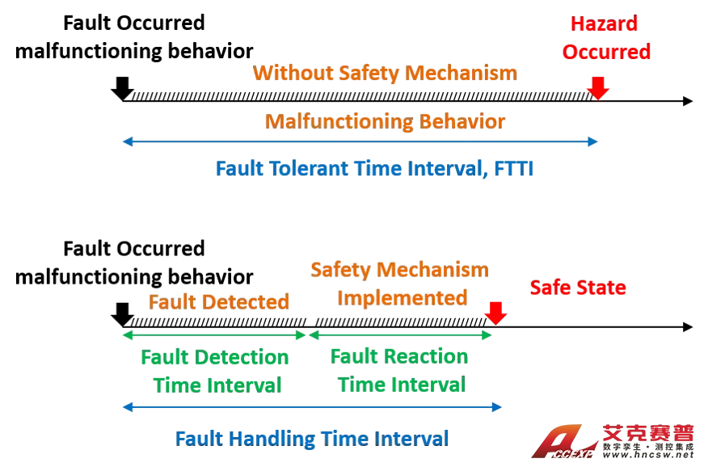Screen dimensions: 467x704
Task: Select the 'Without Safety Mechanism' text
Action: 385,74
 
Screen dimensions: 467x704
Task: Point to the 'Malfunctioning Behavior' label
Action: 385,123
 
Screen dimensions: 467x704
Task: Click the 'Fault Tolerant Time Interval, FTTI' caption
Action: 374,170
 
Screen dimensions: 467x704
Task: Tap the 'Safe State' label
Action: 579,288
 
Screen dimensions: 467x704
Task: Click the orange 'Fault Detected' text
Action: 219,302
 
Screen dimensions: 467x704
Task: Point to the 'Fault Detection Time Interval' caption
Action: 214,370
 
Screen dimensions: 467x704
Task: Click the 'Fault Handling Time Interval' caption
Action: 313,438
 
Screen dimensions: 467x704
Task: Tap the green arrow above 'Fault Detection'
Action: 212,334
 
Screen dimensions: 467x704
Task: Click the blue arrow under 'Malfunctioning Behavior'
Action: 361,142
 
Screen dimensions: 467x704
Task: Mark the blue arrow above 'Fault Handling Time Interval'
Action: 310,408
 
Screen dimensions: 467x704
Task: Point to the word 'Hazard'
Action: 605,24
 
